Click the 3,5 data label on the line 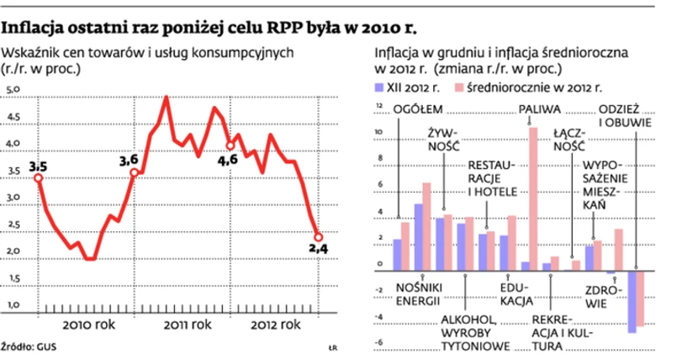pos(37,168)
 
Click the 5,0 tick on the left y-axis pos(14,89)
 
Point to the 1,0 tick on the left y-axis pos(14,303)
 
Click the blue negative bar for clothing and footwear pos(632,300)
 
